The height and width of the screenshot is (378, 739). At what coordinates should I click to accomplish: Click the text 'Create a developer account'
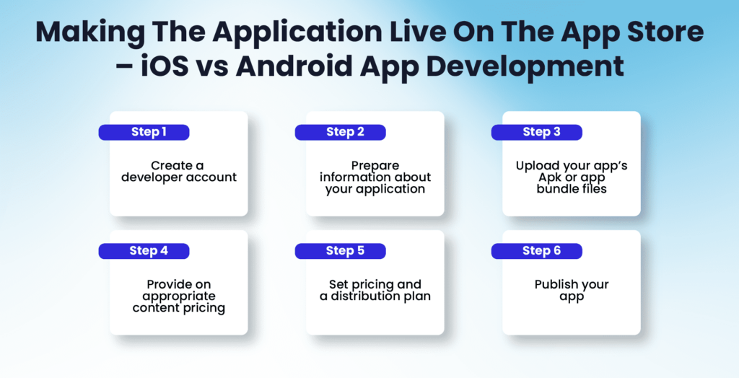pyautogui.click(x=178, y=172)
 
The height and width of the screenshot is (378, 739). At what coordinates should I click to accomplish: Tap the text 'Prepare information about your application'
pyautogui.click(x=375, y=177)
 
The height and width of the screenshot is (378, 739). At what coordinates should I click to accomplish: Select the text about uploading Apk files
pyautogui.click(x=571, y=177)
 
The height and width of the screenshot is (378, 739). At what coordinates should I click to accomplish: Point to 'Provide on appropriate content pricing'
pyautogui.click(x=178, y=296)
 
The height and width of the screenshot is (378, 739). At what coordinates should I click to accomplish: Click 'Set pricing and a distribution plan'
pyautogui.click(x=375, y=290)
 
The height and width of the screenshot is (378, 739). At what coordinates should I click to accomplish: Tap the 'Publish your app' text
pyautogui.click(x=571, y=290)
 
